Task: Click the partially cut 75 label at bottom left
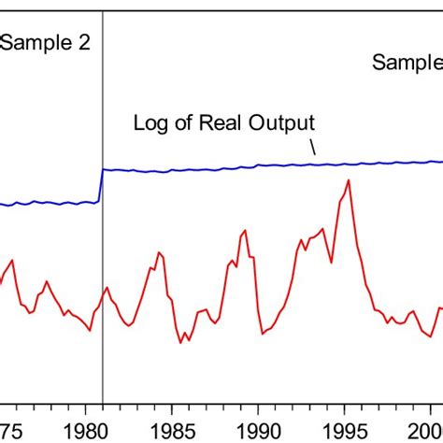point(9,425)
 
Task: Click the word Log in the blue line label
point(151,122)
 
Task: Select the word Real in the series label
point(218,122)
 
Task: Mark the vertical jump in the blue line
point(101,185)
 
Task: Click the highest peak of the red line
point(349,180)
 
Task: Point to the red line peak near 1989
point(244,230)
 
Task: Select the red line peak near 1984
point(159,252)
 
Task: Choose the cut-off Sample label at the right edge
point(407,63)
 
